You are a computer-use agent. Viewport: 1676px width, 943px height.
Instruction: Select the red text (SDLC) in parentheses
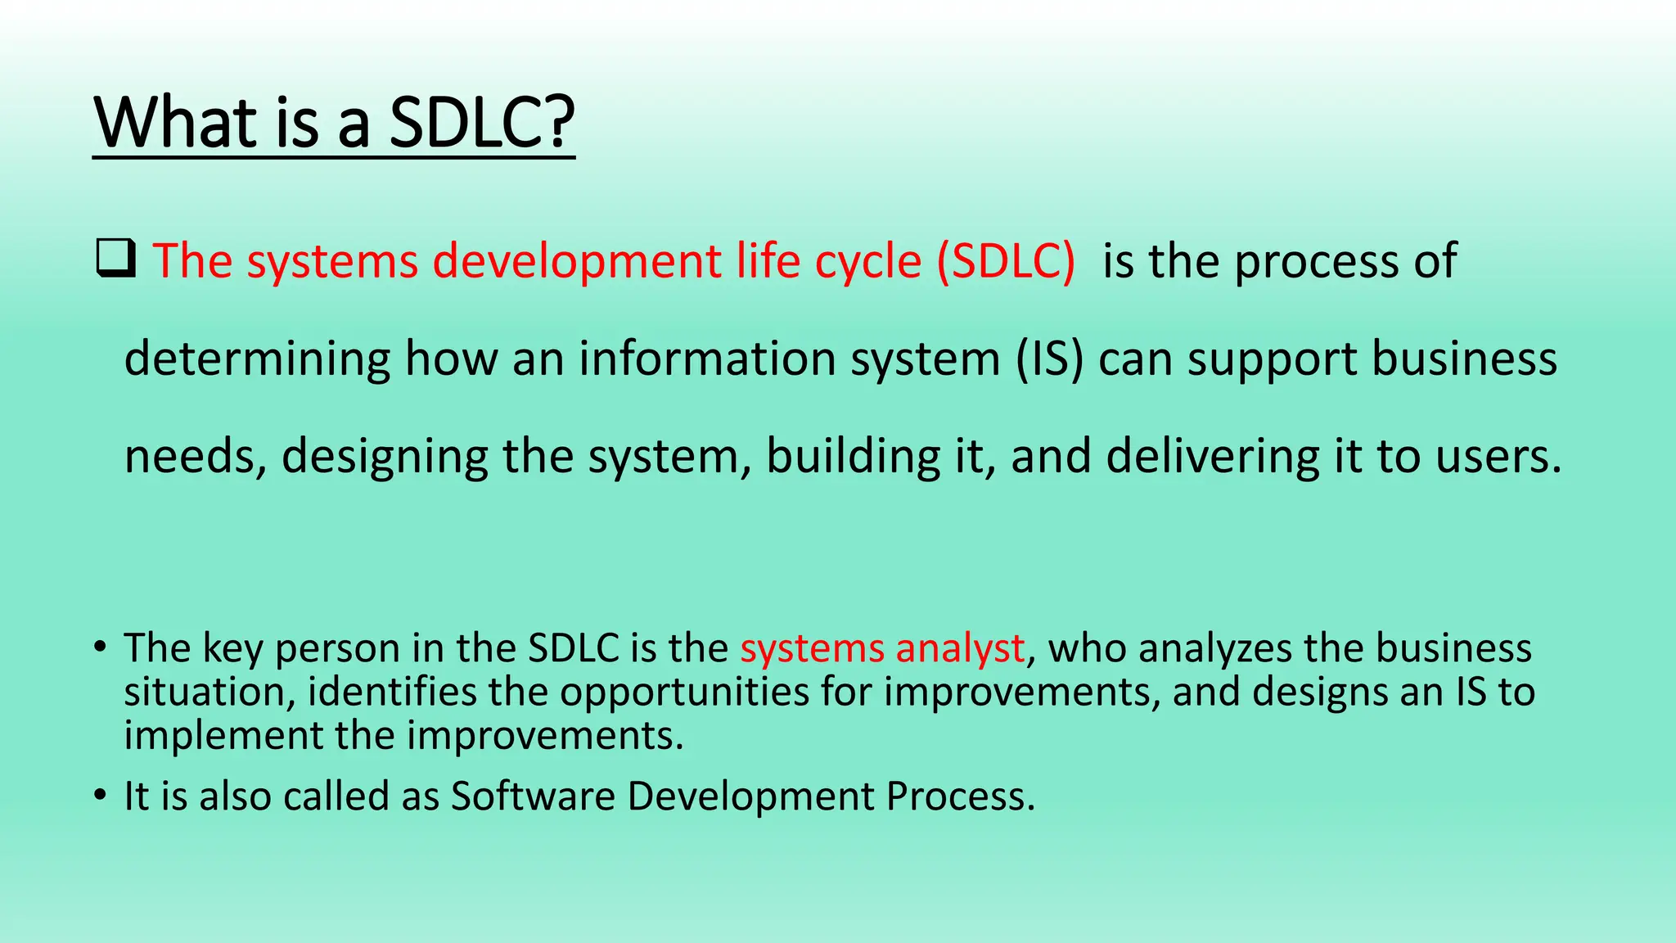pyautogui.click(x=1005, y=262)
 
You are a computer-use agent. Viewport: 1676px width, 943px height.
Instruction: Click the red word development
pyautogui.click(x=577, y=262)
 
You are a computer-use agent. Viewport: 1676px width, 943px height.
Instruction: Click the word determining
pyautogui.click(x=257, y=359)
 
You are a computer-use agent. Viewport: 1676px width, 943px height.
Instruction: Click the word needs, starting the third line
pyautogui.click(x=196, y=457)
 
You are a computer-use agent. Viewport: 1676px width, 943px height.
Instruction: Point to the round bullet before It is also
pyautogui.click(x=100, y=796)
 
